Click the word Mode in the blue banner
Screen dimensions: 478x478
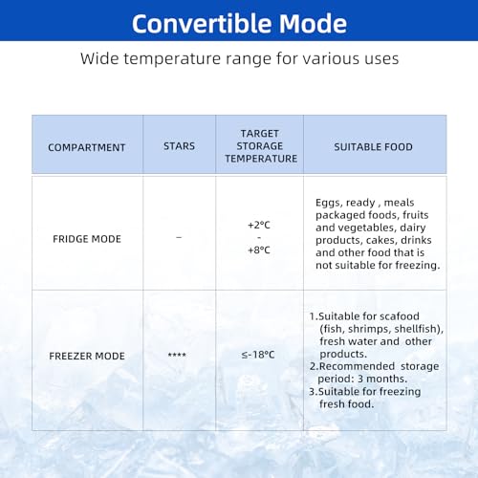pyautogui.click(x=313, y=24)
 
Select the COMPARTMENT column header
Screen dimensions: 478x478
pyautogui.click(x=87, y=147)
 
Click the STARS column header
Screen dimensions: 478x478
pyautogui.click(x=179, y=146)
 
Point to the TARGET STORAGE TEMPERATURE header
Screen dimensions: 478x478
pyautogui.click(x=261, y=146)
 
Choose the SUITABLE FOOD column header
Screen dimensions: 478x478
pyautogui.click(x=373, y=147)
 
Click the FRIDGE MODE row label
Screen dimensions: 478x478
pyautogui.click(x=87, y=239)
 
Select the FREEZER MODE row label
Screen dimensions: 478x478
pyautogui.click(x=87, y=356)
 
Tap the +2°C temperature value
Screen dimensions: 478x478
pyautogui.click(x=259, y=226)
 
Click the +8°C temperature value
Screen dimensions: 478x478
pyautogui.click(x=259, y=250)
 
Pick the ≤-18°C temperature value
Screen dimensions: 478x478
pyautogui.click(x=258, y=355)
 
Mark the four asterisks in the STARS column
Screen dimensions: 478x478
pyautogui.click(x=177, y=355)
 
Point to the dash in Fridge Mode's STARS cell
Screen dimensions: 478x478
pyautogui.click(x=179, y=237)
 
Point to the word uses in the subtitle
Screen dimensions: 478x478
pyautogui.click(x=381, y=59)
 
